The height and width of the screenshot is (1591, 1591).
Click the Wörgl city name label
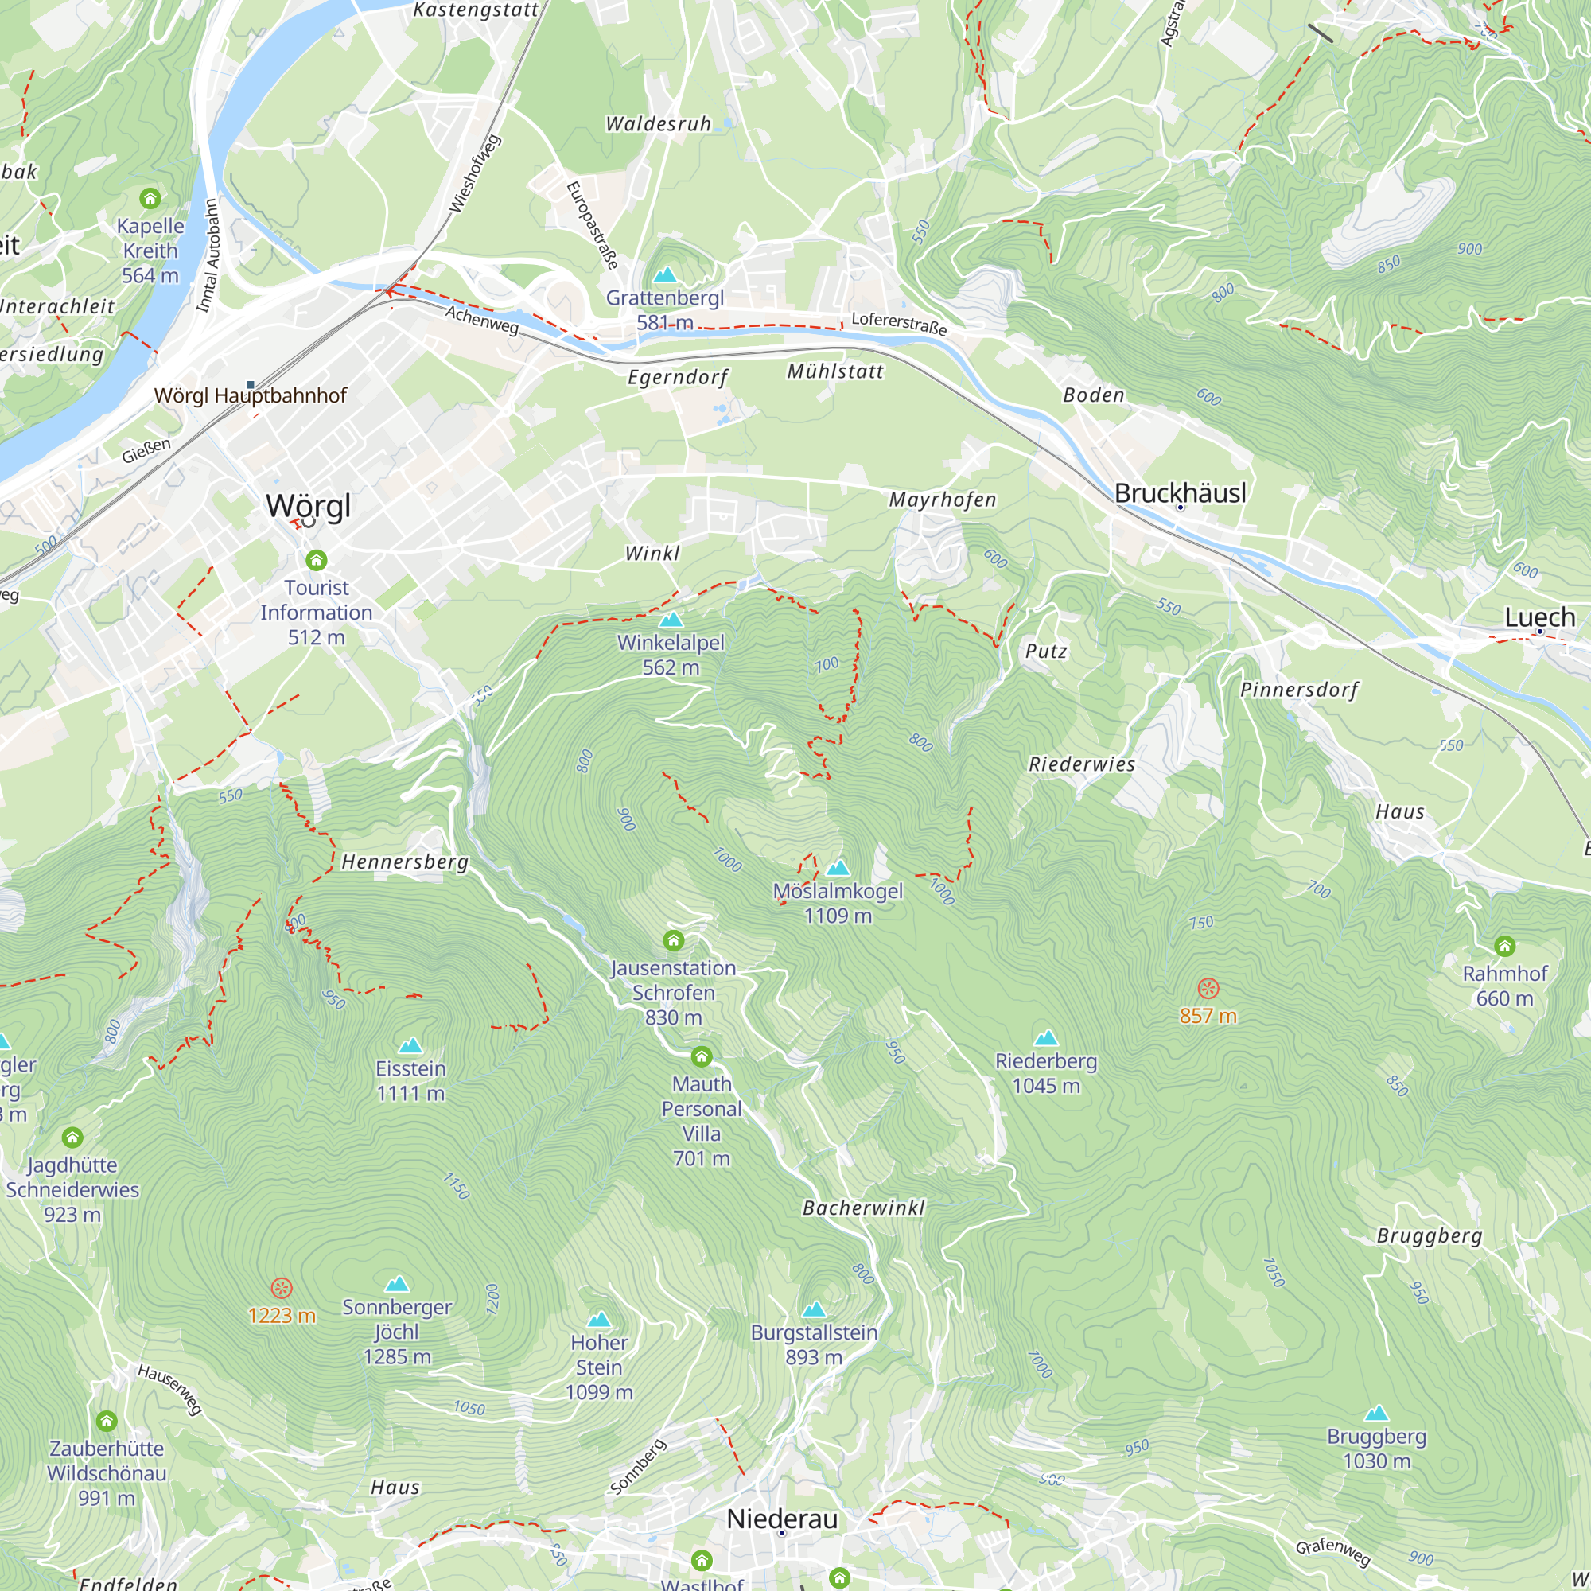[x=308, y=505]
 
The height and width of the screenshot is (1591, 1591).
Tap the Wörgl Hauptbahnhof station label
[x=251, y=395]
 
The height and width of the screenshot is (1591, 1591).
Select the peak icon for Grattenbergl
[x=664, y=274]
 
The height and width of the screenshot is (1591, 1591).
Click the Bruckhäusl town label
[x=1179, y=493]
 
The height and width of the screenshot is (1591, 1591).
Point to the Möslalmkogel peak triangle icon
[x=838, y=867]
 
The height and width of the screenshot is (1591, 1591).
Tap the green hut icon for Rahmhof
[x=1504, y=945]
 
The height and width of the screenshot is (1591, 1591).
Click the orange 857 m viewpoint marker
[x=1208, y=988]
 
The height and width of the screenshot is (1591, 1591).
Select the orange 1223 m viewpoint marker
[x=282, y=1288]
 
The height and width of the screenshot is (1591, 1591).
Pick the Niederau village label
[x=781, y=1519]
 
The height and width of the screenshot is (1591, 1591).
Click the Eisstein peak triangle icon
[x=410, y=1046]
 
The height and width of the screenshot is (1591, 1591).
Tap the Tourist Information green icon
[x=317, y=561]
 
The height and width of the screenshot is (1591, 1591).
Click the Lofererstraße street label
[x=898, y=323]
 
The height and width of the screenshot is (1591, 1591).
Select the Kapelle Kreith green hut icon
[x=150, y=198]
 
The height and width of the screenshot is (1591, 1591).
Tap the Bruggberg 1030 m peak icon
[x=1376, y=1414]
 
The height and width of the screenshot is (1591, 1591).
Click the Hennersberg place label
[x=404, y=862]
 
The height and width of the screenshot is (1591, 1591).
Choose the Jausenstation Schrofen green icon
[x=674, y=940]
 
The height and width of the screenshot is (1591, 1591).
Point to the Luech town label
[x=1539, y=617]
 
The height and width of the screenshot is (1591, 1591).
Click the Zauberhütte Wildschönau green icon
[x=107, y=1422]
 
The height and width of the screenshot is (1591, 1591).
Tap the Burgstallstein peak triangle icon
[x=814, y=1309]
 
